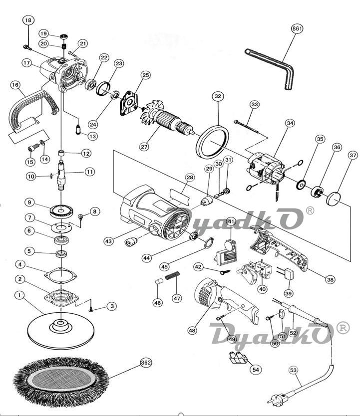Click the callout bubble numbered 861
pyautogui.click(x=297, y=28)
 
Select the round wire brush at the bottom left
pyautogui.click(x=61, y=382)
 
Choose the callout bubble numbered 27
pyautogui.click(x=144, y=147)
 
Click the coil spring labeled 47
pyautogui.click(x=173, y=276)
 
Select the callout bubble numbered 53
pyautogui.click(x=293, y=370)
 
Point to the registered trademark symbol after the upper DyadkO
pyautogui.click(x=310, y=210)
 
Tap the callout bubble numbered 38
pyautogui.click(x=330, y=279)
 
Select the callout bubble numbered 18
pyautogui.click(x=28, y=20)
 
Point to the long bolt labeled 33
pyautogui.click(x=246, y=126)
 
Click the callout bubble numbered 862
pyautogui.click(x=146, y=363)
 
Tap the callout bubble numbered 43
pyautogui.click(x=108, y=241)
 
